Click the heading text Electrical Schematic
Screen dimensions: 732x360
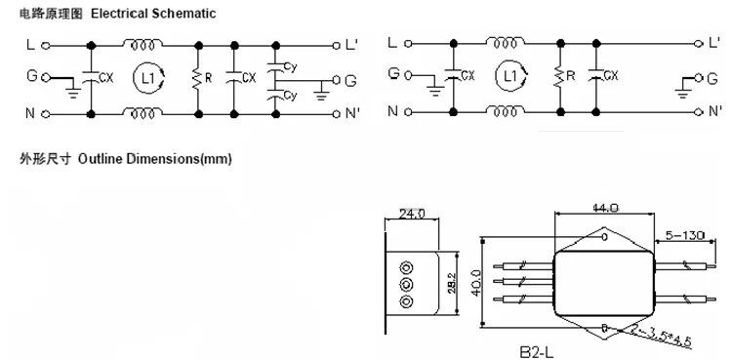tap(153, 14)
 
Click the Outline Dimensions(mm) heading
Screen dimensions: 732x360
tap(154, 159)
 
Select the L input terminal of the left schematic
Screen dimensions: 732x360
tap(45, 46)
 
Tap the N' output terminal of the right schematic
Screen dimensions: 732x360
tap(699, 111)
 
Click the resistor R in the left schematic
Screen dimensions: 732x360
tap(198, 79)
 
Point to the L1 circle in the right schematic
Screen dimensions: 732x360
tap(511, 76)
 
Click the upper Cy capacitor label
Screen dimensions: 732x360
tap(290, 67)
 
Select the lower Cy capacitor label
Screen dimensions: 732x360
tap(290, 96)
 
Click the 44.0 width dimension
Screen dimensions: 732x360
tap(605, 208)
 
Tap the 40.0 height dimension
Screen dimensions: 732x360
tap(475, 283)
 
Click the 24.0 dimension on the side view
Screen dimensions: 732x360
tap(411, 214)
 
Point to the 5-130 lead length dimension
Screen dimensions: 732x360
tap(686, 235)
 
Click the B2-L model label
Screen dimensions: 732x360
tap(537, 351)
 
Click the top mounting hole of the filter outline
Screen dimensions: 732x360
tap(604, 237)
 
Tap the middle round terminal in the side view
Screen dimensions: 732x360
tap(407, 284)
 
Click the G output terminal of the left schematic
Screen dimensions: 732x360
tap(336, 80)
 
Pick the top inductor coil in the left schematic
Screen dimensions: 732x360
tap(142, 45)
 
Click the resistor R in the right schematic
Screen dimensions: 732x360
tap(560, 77)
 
